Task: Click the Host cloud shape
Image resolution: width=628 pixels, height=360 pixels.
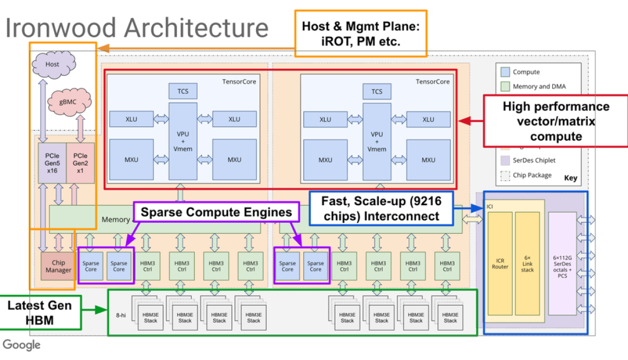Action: tap(53, 64)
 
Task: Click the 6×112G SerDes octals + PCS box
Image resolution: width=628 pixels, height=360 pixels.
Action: tap(562, 264)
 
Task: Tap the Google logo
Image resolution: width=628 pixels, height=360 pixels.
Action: tap(22, 345)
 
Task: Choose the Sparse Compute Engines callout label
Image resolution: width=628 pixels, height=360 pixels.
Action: tap(216, 212)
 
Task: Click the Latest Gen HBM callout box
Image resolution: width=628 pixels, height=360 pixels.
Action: tap(41, 312)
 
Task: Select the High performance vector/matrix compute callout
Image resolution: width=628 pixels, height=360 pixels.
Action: tap(555, 121)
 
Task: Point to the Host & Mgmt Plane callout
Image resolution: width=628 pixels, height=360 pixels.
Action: tap(361, 33)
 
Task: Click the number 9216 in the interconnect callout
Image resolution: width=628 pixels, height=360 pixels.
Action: tap(427, 202)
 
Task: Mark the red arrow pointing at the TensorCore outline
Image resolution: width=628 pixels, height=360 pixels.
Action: tap(470, 121)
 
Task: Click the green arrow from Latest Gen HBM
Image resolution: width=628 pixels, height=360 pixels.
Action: tap(94, 310)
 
